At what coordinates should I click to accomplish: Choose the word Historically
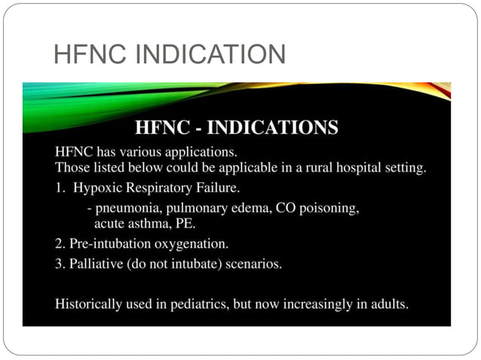(x=90, y=305)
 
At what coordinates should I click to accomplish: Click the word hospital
(x=358, y=166)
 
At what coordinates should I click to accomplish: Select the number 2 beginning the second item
(x=60, y=244)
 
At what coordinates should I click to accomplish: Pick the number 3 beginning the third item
(x=60, y=264)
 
